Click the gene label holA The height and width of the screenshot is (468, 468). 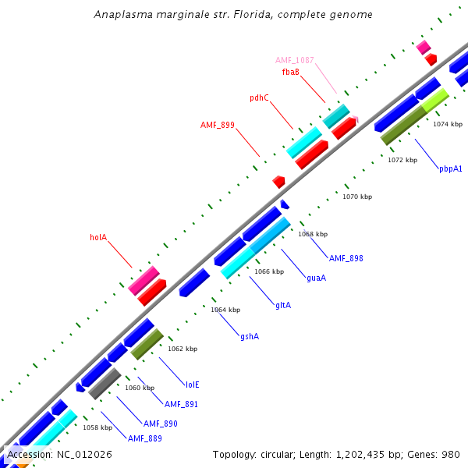[x=97, y=237]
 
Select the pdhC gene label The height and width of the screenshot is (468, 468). [x=259, y=98]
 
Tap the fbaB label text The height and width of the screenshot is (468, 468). [x=291, y=72]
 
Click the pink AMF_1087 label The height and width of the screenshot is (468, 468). [x=294, y=60]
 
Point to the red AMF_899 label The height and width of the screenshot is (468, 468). [x=218, y=125]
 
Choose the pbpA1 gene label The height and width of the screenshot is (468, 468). [x=450, y=168]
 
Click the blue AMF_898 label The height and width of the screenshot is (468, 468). [x=346, y=258]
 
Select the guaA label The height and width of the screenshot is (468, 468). [x=316, y=278]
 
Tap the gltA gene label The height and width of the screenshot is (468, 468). [x=282, y=305]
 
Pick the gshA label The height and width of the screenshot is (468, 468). [x=250, y=336]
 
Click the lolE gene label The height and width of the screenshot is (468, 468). [x=192, y=385]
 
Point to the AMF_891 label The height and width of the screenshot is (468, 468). [x=181, y=404]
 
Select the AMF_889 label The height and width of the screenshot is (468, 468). [x=145, y=438]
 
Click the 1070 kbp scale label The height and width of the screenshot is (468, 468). [x=357, y=197]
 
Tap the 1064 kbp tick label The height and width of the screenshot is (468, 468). [x=225, y=310]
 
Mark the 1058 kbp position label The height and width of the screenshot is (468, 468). [x=97, y=427]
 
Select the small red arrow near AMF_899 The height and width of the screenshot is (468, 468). [x=278, y=181]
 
